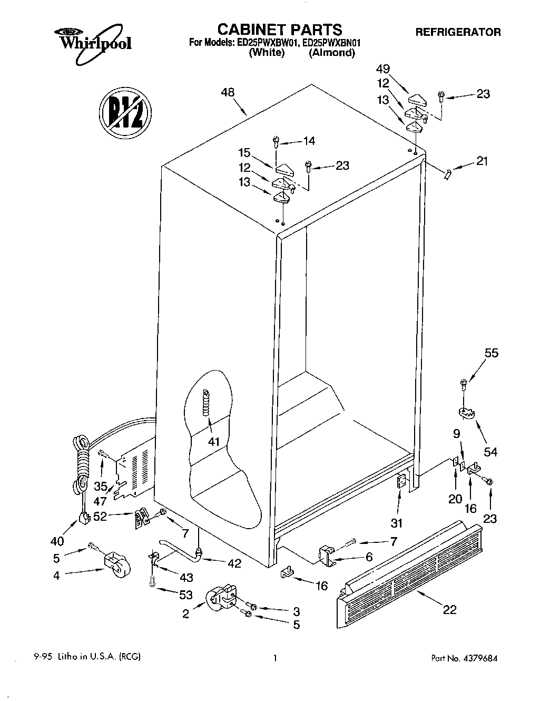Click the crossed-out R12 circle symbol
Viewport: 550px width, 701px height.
tap(125, 112)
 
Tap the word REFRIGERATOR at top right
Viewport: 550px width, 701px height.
tap(458, 32)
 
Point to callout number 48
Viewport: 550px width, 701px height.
tap(228, 93)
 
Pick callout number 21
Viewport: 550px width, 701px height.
tap(482, 161)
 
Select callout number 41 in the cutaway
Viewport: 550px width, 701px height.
tap(213, 441)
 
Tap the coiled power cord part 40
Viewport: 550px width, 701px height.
tap(82, 469)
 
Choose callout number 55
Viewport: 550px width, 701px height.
tap(491, 353)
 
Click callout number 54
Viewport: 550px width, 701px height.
tap(490, 451)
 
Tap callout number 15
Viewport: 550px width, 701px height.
tap(244, 153)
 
